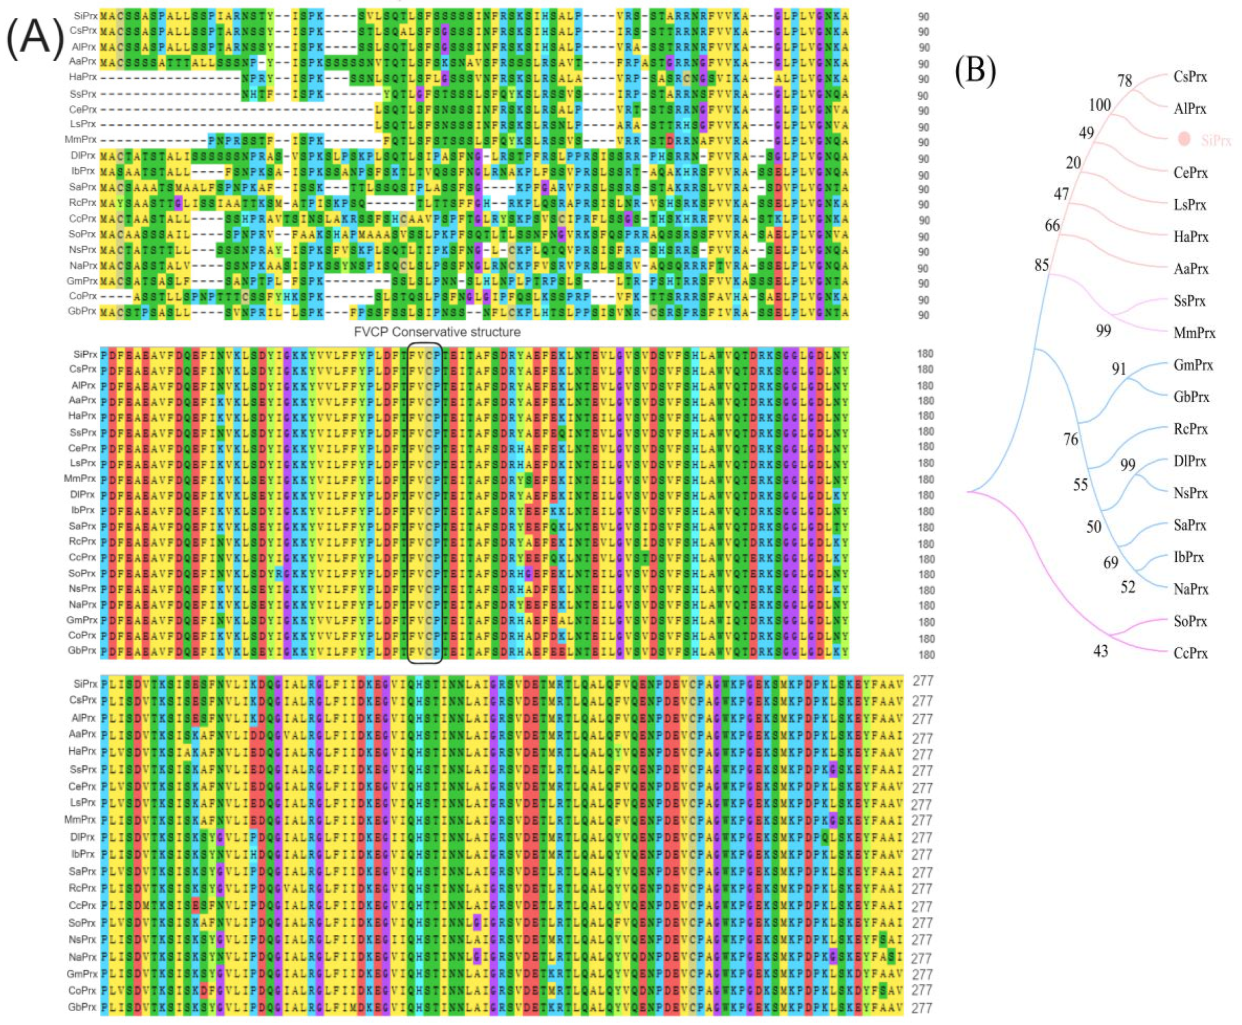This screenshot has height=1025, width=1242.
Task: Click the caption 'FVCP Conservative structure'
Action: tap(437, 332)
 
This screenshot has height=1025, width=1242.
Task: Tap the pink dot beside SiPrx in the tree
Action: tap(1183, 139)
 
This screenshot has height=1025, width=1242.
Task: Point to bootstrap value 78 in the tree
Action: tap(1124, 80)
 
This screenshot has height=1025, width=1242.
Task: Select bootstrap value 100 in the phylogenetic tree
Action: tap(1100, 105)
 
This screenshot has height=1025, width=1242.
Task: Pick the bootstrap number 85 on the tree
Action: tap(1042, 265)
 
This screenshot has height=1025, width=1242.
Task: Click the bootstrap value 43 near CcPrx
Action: tap(1100, 651)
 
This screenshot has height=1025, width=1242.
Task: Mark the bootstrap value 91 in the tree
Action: tap(1119, 369)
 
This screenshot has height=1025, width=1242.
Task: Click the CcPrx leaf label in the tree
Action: tap(1190, 653)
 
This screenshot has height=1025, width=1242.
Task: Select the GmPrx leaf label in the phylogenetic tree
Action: tap(1193, 365)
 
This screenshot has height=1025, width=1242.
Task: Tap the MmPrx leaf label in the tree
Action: tap(1194, 333)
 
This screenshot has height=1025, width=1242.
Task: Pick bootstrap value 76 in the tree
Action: tap(1071, 439)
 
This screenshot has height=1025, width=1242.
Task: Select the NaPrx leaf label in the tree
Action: tap(1190, 589)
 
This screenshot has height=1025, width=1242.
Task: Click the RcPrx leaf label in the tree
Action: tap(1190, 429)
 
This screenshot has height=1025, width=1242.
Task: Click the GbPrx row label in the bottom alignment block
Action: tap(82, 1007)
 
